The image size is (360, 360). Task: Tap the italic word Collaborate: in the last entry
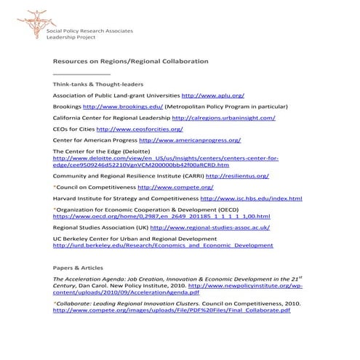76,302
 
